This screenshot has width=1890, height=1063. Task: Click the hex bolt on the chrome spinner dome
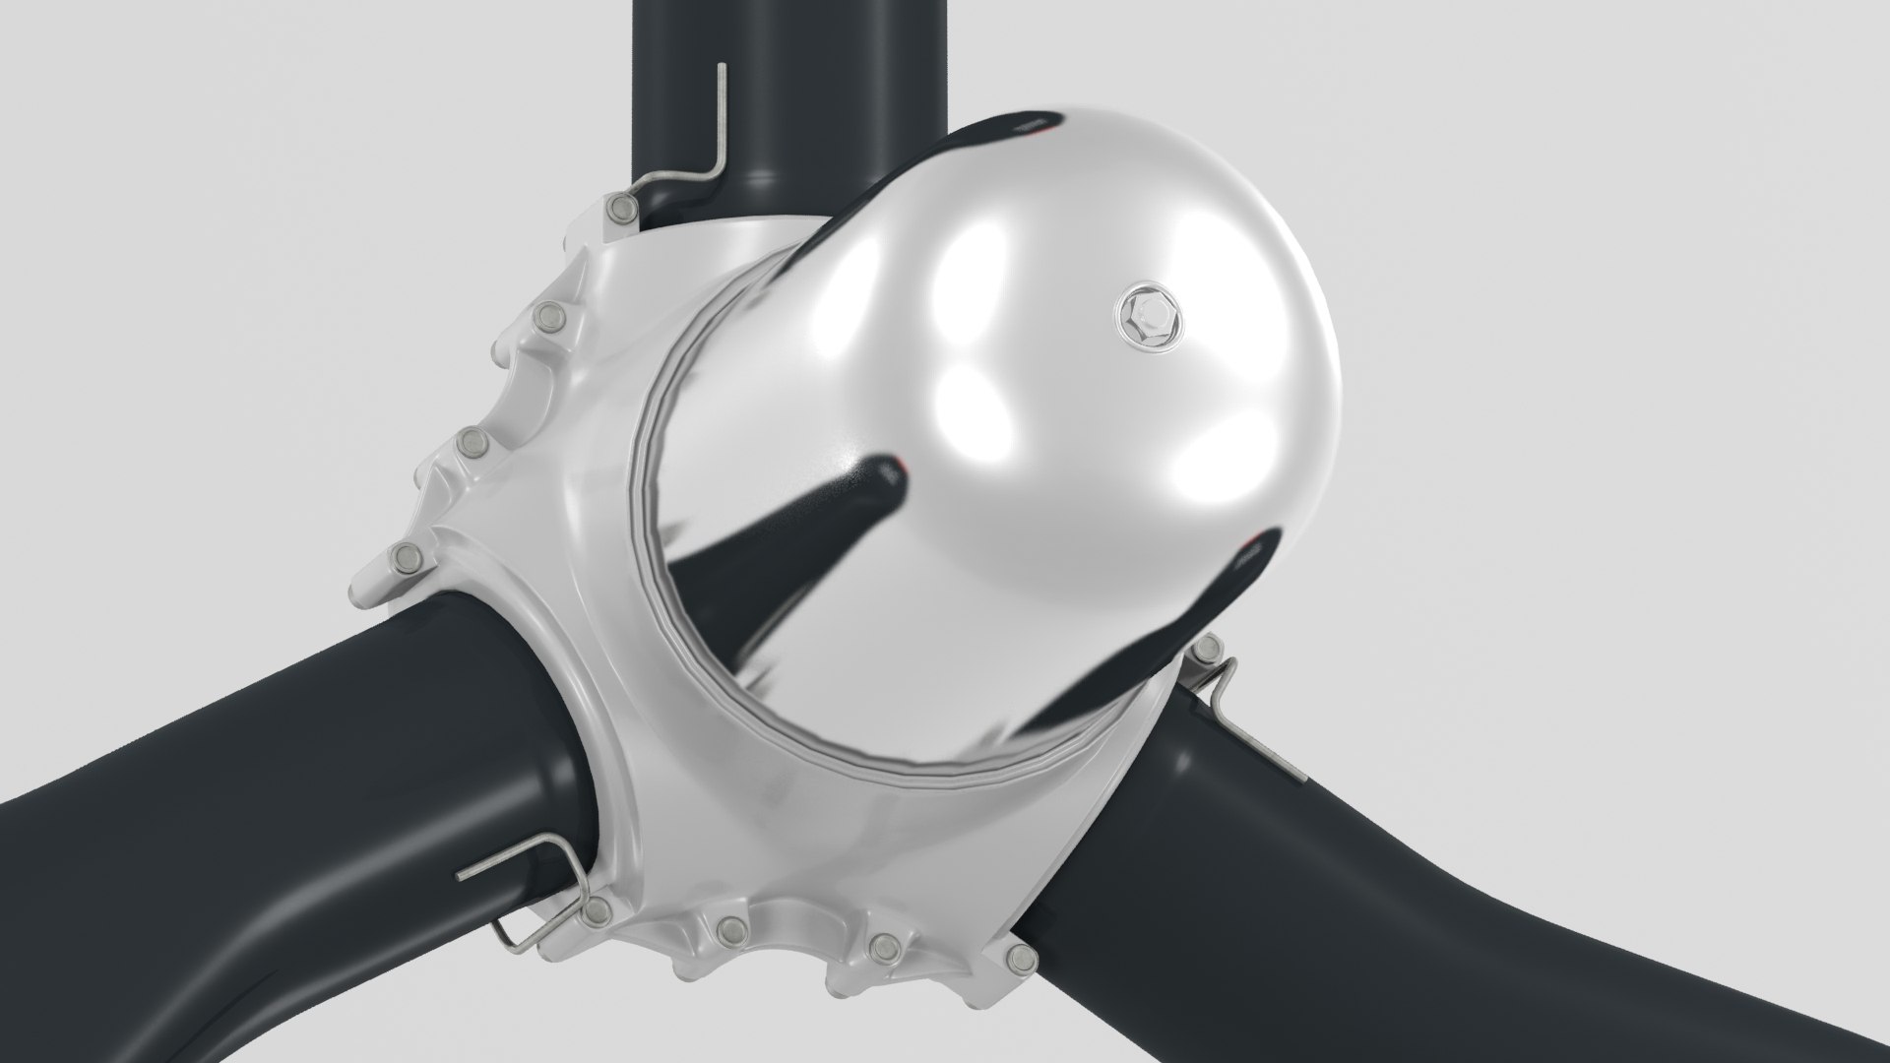[x=1146, y=314]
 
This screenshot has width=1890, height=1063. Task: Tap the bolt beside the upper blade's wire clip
[x=621, y=208]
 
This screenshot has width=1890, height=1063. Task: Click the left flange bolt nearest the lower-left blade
[x=405, y=561]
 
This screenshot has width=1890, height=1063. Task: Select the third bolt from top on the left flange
[x=472, y=447]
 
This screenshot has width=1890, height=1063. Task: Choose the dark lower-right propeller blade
[x=1477, y=886]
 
